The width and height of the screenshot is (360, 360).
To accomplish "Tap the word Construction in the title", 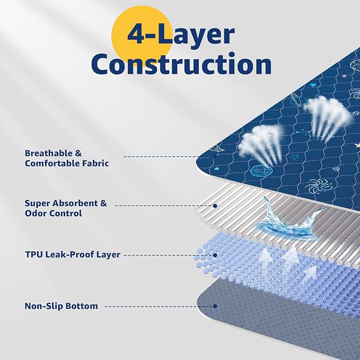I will tap(181, 64).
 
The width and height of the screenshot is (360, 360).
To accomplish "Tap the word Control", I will tap(67, 213).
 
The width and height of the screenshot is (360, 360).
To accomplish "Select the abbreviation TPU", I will tap(34, 254).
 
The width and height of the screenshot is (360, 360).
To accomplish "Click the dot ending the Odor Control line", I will tap(215, 205).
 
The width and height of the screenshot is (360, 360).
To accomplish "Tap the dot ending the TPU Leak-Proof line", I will tap(215, 255).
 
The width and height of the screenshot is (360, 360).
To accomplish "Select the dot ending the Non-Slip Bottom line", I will tap(215, 306).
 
